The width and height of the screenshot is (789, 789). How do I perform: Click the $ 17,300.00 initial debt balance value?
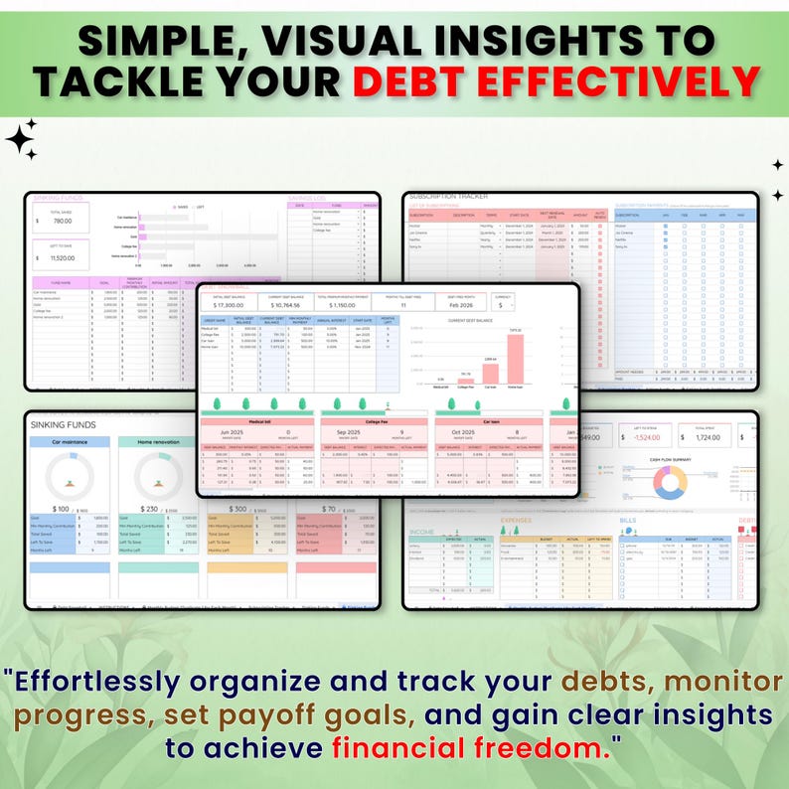click(x=226, y=305)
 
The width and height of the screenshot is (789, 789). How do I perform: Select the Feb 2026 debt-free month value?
click(x=460, y=306)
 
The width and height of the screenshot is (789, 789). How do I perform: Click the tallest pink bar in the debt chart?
click(x=516, y=357)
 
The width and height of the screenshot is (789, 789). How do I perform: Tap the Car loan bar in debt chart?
click(x=491, y=370)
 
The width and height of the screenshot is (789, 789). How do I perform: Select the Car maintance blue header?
click(x=70, y=441)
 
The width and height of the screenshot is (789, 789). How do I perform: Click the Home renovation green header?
click(x=157, y=441)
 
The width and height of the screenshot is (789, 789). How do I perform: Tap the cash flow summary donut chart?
click(x=670, y=483)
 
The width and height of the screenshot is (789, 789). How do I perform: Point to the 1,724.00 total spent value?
click(x=707, y=436)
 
